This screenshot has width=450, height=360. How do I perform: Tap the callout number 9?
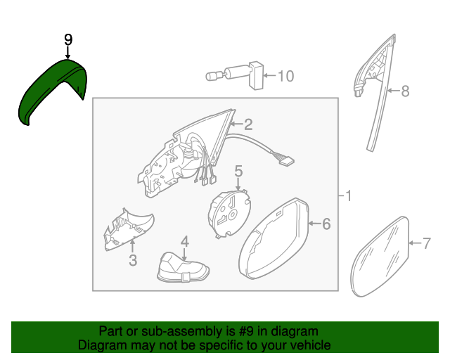coord(68,40)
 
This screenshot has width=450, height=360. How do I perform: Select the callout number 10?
coord(286,76)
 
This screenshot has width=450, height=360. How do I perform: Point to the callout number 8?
coord(405,91)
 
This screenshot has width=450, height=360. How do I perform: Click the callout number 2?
coord(248,124)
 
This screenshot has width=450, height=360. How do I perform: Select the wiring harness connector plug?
coord(286,160)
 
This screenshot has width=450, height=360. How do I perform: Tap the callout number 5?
coord(238,171)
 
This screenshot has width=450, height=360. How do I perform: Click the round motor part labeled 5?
coord(229,214)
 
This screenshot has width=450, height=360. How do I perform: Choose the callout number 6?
coord(326,224)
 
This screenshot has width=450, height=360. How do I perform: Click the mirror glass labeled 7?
coord(380,257)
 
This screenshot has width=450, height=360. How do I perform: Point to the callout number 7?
coord(427,243)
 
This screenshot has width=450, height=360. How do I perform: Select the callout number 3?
coord(133,260)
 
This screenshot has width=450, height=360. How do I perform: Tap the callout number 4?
coord(185,242)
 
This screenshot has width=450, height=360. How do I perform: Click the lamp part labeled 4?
coord(183,268)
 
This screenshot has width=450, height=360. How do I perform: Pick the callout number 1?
coord(349,196)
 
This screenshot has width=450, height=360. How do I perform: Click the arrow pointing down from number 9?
coord(67,53)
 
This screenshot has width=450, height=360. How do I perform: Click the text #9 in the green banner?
coord(246,331)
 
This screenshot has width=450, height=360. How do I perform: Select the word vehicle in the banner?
coord(312,345)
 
